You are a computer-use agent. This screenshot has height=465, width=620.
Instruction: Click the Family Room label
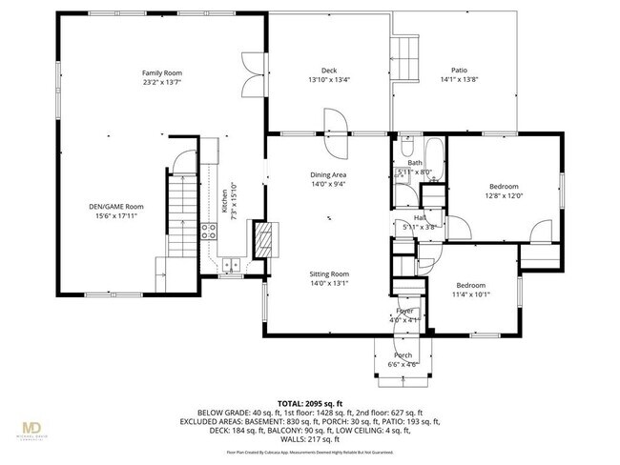tap(162, 73)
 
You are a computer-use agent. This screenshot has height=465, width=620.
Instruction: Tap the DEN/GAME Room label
tap(115, 207)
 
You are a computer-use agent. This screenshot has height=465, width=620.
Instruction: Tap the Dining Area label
tap(327, 175)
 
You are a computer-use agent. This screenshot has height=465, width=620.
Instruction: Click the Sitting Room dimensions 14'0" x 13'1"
tap(327, 283)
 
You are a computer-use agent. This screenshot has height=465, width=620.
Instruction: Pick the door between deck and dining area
tap(336, 123)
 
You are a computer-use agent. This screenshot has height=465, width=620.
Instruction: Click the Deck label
tap(328, 71)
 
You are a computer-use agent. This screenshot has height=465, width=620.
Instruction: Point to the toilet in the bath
tap(406, 148)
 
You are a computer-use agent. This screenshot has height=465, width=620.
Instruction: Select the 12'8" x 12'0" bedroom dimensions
tap(504, 196)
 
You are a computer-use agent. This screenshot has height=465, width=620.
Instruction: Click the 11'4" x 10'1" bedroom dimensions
tap(470, 295)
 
